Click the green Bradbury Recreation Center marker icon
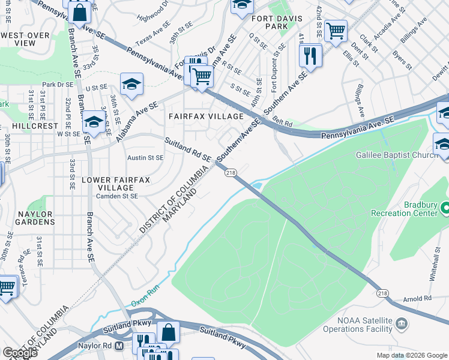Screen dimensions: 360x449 (x=445, y=209)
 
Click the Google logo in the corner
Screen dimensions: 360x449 (x=20, y=353)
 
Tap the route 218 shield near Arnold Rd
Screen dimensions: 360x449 (x=383, y=293)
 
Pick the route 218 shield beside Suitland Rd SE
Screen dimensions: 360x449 (x=230, y=173)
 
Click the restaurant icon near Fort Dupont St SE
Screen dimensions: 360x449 (x=310, y=56)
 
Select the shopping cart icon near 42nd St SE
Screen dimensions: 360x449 (x=336, y=30)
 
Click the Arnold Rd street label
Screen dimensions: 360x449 (x=417, y=298)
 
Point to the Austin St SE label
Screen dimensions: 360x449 (x=145, y=158)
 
